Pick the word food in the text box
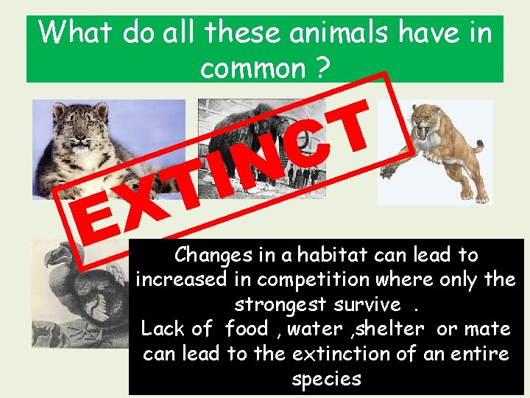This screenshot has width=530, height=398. (x=250, y=329)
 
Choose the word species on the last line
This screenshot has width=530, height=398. (x=326, y=379)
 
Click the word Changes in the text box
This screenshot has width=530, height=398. (x=211, y=255)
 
